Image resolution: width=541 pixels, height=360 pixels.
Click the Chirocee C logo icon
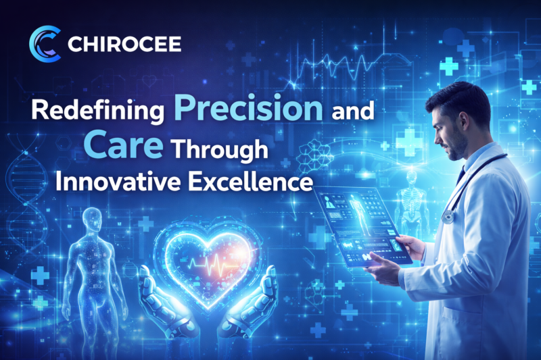(x=45, y=45)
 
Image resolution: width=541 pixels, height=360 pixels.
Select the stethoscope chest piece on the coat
(x=448, y=216)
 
